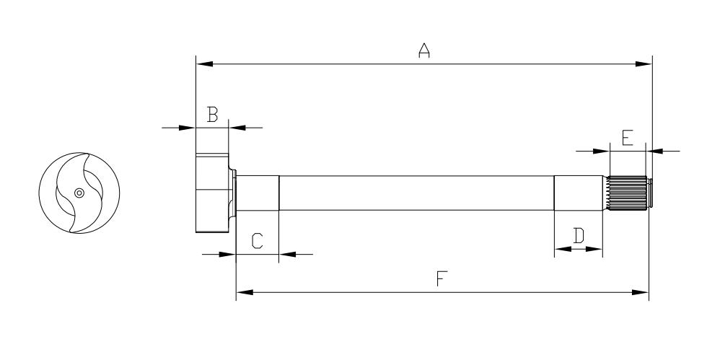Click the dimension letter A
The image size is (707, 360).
pos(424,51)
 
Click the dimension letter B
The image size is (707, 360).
pos(213,115)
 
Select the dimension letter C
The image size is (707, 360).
pos(257,241)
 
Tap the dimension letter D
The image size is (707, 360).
pos(579,236)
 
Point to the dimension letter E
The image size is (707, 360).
pos(628,138)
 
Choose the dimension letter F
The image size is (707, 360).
pos(442,278)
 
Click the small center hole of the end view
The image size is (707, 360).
pos(79,193)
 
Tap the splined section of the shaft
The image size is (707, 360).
pos(627,193)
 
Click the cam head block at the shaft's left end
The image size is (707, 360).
pos(212,193)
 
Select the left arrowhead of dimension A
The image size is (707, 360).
pos(204,64)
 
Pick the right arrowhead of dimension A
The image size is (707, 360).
pos(644,64)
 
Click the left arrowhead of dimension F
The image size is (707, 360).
pos(245,292)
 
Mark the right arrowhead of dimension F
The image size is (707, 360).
pos(641,292)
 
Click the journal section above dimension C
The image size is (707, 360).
pos(258,193)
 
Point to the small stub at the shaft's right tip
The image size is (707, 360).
pos(650,193)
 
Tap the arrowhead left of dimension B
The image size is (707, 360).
pos(187,128)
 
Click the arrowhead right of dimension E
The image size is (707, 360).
pos(655,151)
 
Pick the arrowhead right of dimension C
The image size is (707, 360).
pos(288,254)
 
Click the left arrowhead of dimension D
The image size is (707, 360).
pos(563,249)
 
